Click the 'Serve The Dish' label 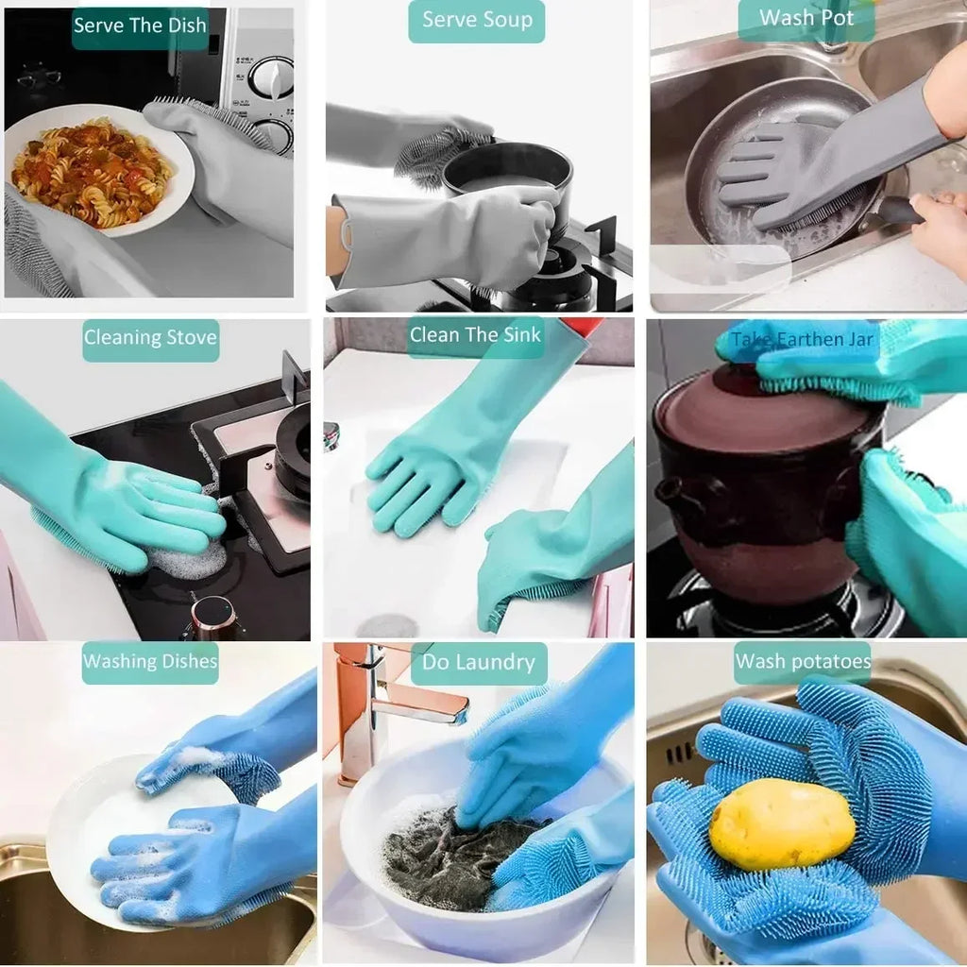140,25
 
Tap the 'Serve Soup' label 476,21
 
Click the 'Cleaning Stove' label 150,338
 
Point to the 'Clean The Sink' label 475,335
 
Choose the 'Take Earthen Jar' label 802,339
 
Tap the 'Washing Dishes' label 150,661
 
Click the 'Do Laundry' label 478,663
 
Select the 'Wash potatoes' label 803,662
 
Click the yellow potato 781,823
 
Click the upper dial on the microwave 270,78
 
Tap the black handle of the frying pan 897,213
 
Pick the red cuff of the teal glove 579,327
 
